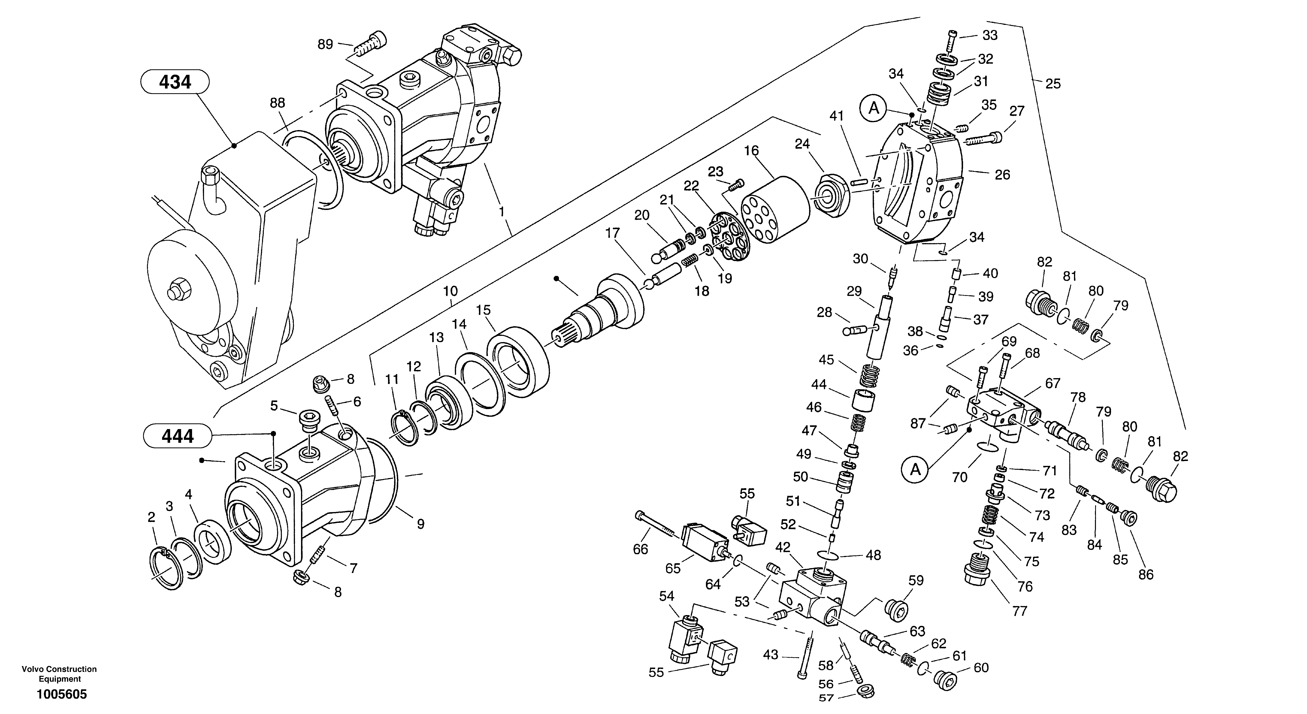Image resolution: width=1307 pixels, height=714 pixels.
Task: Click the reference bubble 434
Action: click(x=175, y=82)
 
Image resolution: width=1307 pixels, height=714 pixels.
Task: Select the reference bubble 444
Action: click(x=177, y=436)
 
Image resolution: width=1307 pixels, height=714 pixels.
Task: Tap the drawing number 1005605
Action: click(x=61, y=694)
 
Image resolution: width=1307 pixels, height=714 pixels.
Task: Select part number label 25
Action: click(x=1053, y=84)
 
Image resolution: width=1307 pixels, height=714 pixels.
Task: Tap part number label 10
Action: click(x=450, y=291)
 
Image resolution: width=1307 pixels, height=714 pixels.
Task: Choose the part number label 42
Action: click(x=783, y=548)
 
